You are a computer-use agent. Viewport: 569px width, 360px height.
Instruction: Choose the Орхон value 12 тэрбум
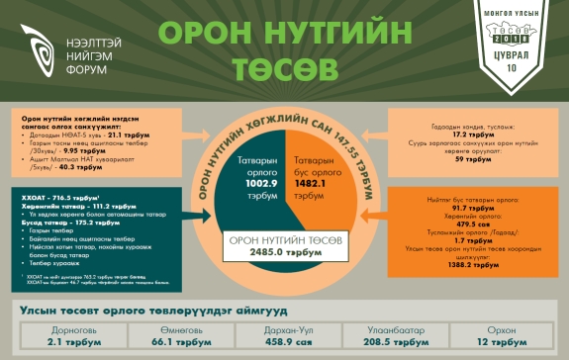point(510,342)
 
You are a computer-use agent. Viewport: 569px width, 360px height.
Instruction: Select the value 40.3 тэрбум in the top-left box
point(81,168)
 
